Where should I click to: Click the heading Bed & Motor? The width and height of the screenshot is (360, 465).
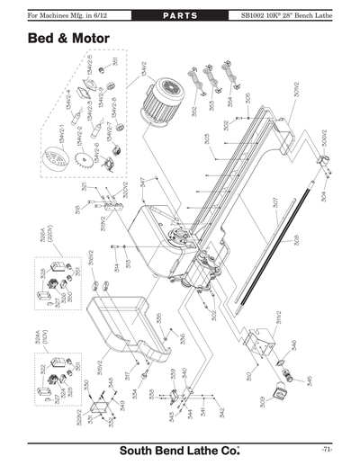[68, 40]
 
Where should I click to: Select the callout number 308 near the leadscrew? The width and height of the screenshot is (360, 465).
[294, 241]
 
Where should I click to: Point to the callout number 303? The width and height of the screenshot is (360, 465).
[206, 139]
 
